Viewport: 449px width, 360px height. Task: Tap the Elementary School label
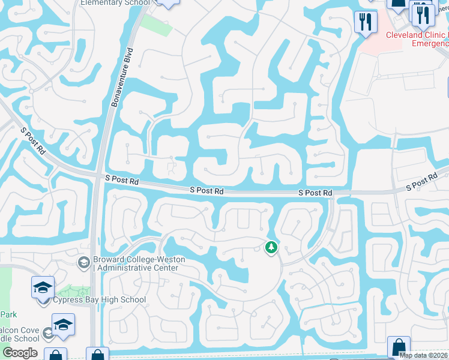point(115,3)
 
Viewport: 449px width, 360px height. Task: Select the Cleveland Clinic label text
point(417,35)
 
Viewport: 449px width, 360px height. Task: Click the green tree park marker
point(271,247)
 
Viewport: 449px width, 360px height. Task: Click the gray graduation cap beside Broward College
point(83,263)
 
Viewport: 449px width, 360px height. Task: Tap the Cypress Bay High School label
point(99,300)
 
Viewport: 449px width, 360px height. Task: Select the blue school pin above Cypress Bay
point(43,288)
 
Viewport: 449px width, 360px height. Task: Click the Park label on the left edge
point(8,314)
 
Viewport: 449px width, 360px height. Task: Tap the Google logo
point(20,353)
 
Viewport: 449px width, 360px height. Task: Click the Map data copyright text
point(423,355)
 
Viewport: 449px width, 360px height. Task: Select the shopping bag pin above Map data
point(399,347)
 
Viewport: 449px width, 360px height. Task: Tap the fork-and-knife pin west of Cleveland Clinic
point(365,23)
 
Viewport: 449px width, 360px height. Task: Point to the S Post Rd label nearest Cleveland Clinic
point(421,183)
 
